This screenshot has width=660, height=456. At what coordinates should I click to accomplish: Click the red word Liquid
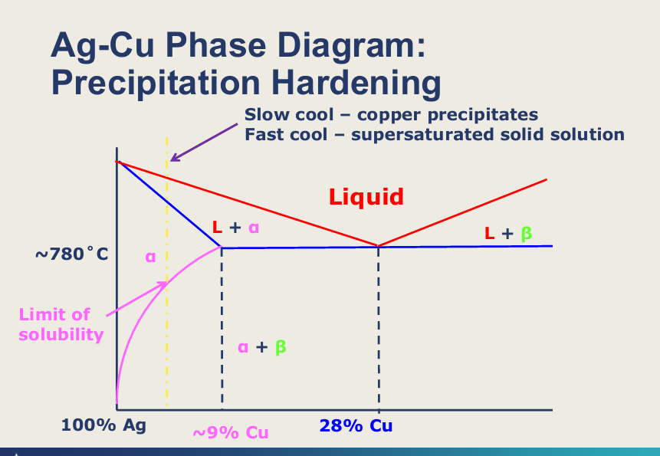(366, 197)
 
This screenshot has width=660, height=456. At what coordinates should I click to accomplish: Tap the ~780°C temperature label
(72, 254)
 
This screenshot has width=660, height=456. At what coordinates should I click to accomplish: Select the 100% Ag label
(103, 426)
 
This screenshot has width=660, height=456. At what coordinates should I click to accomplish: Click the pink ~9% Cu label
(230, 432)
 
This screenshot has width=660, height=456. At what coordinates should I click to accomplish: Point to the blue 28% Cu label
(356, 426)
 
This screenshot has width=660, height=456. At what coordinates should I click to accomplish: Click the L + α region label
(240, 228)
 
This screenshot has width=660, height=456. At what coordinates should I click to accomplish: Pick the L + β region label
(508, 233)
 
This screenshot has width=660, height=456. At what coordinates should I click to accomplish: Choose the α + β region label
(261, 347)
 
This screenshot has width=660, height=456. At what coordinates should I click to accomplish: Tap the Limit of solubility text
(61, 324)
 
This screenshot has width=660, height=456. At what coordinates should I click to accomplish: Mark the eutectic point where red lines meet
(378, 246)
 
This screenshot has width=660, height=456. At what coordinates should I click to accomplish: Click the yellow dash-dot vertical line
(166, 345)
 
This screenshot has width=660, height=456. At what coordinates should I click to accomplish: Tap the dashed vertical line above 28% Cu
(378, 330)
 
